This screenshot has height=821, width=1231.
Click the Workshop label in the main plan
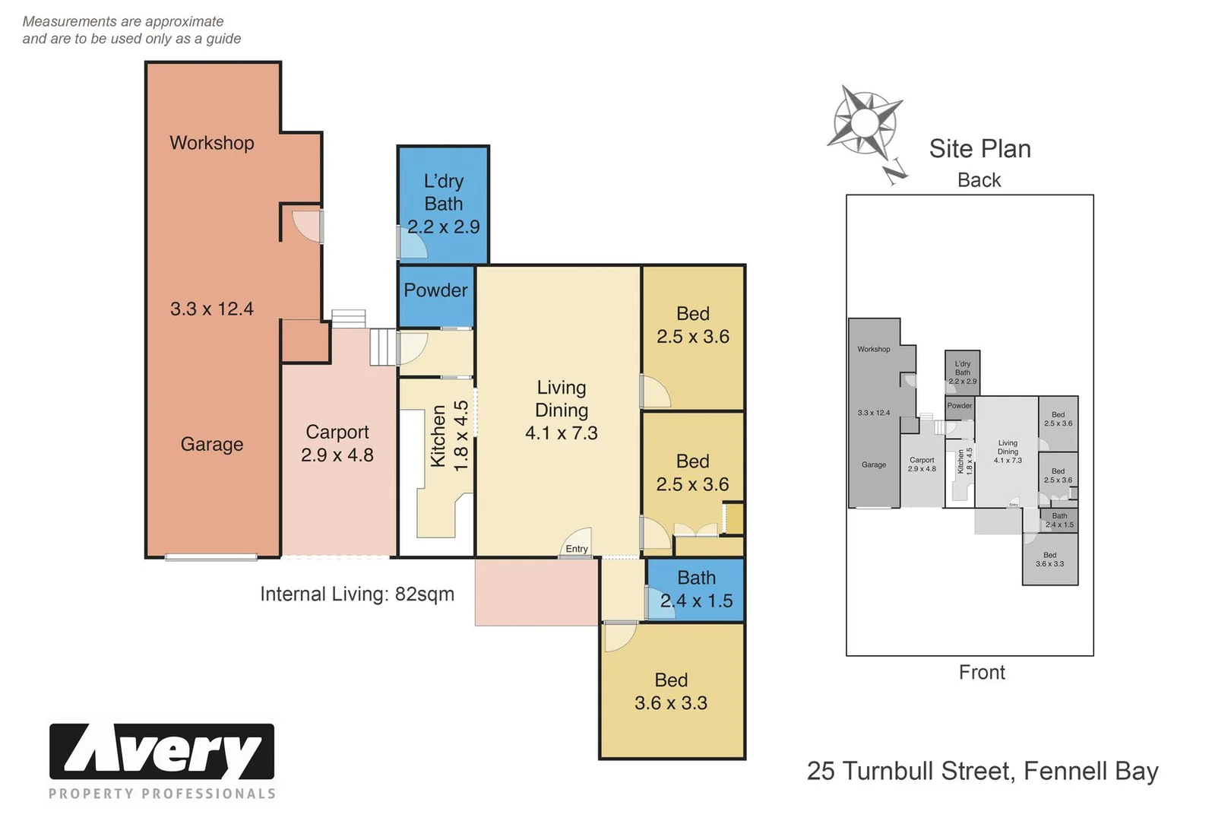point(211,143)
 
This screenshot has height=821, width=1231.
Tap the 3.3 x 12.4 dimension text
point(211,309)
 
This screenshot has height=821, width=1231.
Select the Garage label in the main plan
point(211,444)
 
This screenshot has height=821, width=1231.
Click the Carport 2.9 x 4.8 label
point(337,443)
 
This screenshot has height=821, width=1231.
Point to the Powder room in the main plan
point(435,290)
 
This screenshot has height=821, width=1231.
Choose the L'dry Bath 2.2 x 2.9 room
point(443,204)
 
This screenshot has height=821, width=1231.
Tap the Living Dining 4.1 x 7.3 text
point(561,410)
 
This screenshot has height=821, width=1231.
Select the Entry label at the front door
point(577,549)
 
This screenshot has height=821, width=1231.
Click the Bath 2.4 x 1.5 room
point(696,589)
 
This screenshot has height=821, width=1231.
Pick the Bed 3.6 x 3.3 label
point(671,691)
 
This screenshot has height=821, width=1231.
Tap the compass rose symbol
point(865,123)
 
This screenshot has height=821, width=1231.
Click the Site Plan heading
point(979,149)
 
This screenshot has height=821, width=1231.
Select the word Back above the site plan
point(979,180)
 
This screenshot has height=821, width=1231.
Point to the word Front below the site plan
point(982,672)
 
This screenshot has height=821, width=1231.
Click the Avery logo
point(162,753)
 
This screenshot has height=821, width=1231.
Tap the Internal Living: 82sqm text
point(357,594)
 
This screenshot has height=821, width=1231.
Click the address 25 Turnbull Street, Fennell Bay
point(983,771)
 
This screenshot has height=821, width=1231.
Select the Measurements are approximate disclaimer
point(131,30)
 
